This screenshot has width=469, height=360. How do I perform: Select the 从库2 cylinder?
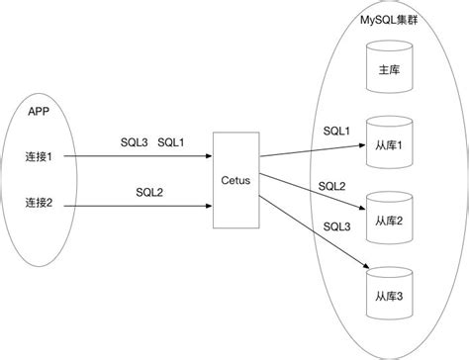[389, 217]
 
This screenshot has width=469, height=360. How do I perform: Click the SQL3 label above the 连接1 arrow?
[132, 142]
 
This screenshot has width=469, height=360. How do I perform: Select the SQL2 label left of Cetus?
[149, 191]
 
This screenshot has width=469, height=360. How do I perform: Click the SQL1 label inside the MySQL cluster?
[336, 131]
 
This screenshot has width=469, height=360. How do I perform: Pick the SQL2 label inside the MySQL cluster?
[331, 186]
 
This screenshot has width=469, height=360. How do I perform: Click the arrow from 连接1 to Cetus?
[139, 156]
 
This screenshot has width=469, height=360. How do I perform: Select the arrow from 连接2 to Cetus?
[139, 206]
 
